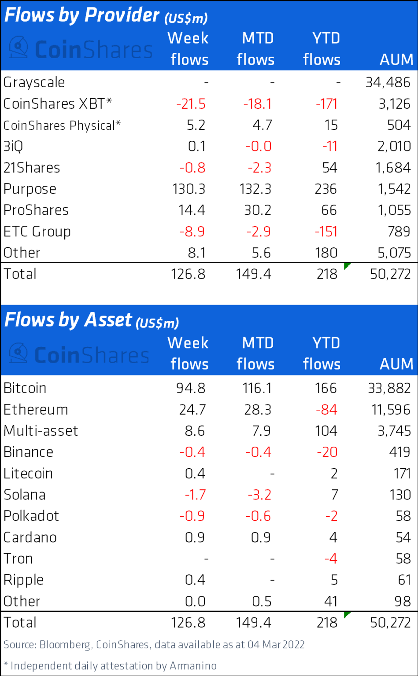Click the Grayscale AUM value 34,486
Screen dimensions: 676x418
(388, 82)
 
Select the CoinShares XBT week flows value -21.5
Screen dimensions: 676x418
(191, 104)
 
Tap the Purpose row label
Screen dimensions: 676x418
(30, 189)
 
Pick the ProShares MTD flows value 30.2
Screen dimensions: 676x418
(258, 210)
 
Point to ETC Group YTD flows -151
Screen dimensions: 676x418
(326, 231)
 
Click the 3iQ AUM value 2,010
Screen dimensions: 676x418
(394, 146)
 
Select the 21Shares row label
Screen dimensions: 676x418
(32, 168)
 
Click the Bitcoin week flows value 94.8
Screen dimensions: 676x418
(191, 388)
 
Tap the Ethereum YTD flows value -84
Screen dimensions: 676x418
(326, 410)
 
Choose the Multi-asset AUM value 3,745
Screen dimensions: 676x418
(394, 431)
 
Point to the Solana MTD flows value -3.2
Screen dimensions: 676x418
(259, 495)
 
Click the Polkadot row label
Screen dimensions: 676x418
(31, 516)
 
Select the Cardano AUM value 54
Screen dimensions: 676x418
(403, 537)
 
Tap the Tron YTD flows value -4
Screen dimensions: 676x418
(330, 558)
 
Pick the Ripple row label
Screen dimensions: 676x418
(24, 580)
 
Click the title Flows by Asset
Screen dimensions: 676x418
(68, 320)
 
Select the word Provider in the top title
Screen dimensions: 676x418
(122, 15)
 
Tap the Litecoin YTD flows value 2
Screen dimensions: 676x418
(334, 474)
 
